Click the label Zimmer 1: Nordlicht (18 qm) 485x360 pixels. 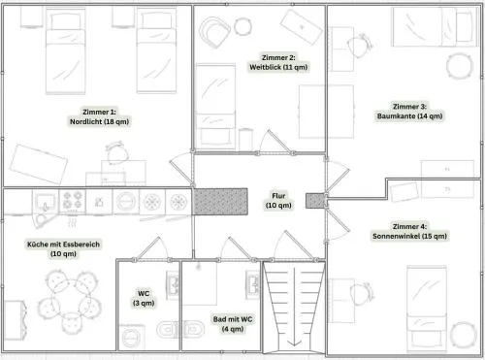point(99,116)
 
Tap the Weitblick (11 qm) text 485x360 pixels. point(278,67)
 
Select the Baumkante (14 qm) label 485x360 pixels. point(409,116)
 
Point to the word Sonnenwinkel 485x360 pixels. point(393,236)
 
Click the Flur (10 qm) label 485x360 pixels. point(278,201)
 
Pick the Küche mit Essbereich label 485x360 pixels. point(63,245)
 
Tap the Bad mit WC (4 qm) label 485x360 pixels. point(233,324)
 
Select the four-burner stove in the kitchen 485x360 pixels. point(72,200)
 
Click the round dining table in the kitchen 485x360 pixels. point(70,298)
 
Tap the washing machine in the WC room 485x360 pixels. point(132,338)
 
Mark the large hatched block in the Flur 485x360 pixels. point(220,202)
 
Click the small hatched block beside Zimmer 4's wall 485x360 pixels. point(315,201)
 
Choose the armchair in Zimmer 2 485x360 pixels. point(214,32)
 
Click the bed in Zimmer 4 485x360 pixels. point(427,309)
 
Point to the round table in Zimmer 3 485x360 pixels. point(459,66)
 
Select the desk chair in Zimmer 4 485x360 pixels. point(362,294)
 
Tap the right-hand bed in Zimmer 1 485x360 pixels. point(156,50)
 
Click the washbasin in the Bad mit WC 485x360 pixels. point(253,284)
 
